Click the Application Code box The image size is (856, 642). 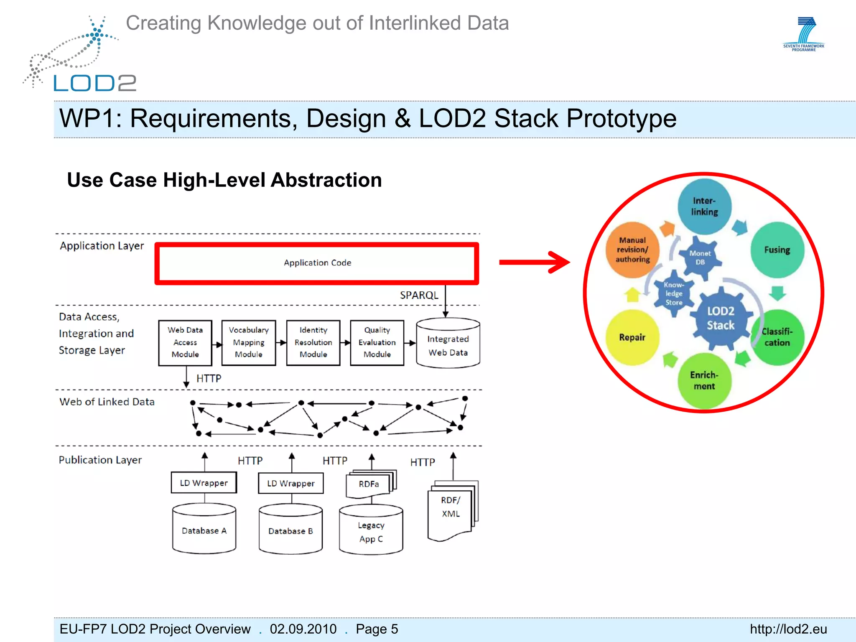coord(317,263)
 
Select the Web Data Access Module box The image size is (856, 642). coord(185,342)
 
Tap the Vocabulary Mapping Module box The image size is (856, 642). coord(249,342)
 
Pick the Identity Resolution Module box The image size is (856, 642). coord(313,342)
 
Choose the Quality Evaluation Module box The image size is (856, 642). coord(377,342)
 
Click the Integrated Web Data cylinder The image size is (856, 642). coord(448,345)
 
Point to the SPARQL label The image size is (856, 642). coord(419,296)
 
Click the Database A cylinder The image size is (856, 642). coord(204,530)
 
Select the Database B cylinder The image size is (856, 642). coord(290,530)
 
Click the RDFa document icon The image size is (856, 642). coord(369,484)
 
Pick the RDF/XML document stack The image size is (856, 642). coord(451,510)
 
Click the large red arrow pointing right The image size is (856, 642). coord(535,262)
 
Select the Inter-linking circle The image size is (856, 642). coord(704,206)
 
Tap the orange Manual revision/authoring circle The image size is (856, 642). coord(632,250)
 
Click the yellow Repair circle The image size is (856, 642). coord(632,337)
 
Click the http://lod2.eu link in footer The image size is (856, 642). coord(788,629)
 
